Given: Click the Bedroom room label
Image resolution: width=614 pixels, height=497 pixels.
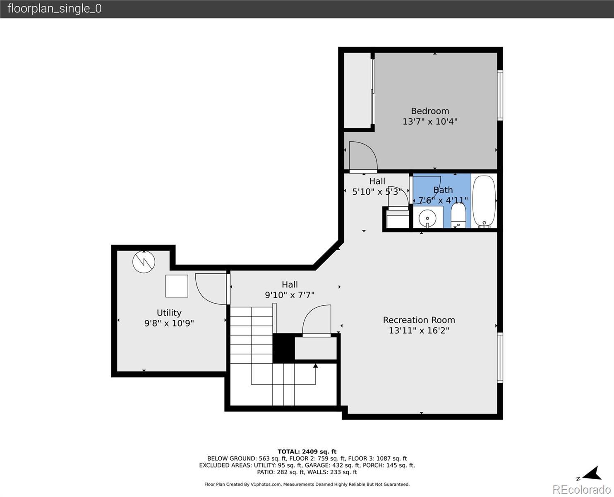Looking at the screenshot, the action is (x=430, y=111).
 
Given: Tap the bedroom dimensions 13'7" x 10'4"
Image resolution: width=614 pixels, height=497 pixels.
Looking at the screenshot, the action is (x=430, y=121).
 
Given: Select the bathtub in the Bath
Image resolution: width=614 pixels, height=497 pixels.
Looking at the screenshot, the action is (x=484, y=202).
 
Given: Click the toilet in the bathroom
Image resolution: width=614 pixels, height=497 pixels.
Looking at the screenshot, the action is (x=458, y=215).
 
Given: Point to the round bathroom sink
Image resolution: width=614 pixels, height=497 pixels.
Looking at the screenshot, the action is (x=427, y=219).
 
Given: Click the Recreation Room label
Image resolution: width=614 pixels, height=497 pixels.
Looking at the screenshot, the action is (x=419, y=320).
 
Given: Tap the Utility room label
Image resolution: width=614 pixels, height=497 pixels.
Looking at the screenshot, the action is (x=169, y=313).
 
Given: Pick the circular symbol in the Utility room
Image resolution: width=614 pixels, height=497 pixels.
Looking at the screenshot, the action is (x=144, y=262).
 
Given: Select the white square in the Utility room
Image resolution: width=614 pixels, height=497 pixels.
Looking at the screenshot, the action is (x=177, y=286).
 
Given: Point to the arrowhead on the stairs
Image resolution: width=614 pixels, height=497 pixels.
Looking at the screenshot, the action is (x=315, y=366).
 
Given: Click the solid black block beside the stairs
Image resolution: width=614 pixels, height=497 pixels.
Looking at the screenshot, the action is (x=284, y=348).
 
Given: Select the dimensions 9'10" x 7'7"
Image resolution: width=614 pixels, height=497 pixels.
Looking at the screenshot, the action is (x=290, y=295).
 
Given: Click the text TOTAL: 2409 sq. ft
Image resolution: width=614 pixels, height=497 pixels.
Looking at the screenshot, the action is (x=307, y=452).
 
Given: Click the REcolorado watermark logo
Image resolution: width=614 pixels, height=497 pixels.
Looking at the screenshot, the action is (x=582, y=489).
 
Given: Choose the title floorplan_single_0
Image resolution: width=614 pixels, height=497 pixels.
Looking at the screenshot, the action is (x=55, y=9).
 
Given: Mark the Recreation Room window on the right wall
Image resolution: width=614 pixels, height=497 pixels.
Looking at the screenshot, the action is (x=500, y=357).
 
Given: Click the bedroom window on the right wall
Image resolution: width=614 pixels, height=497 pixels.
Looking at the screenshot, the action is (x=500, y=95).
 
